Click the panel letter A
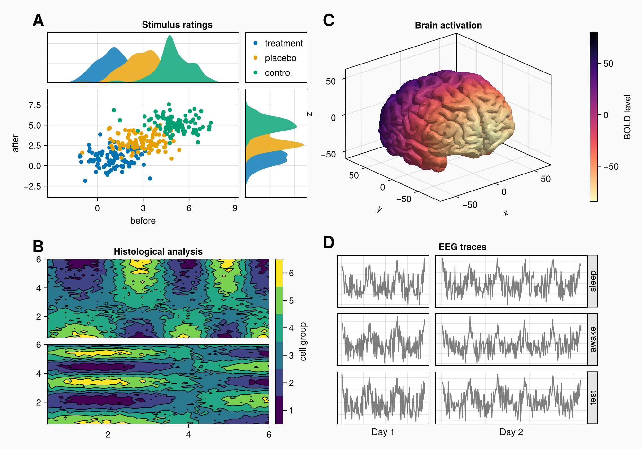[x=38, y=21]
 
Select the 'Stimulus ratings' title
[x=177, y=25]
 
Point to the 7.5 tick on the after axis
[x=35, y=105]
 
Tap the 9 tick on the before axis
[x=235, y=208]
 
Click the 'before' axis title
[x=143, y=221]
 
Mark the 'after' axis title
[x=15, y=143]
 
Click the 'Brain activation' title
[x=448, y=25]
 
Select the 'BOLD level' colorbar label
[x=627, y=117]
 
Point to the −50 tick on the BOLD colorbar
[x=611, y=167]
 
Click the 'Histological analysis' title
[x=158, y=252]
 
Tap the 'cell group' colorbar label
[x=303, y=342]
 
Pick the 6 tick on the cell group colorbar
[x=291, y=273]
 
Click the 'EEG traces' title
[x=462, y=247]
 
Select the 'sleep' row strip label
[x=593, y=281]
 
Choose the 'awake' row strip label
[x=593, y=339]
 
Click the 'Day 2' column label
[x=511, y=432]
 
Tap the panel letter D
[x=329, y=242]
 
